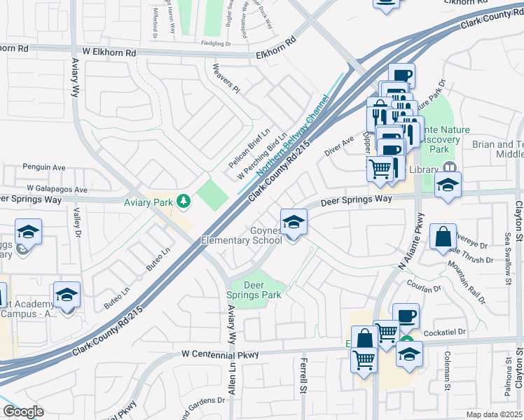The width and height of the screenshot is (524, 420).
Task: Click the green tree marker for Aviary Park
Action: tap(184, 202)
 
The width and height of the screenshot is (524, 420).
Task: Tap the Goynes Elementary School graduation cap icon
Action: tap(294, 223)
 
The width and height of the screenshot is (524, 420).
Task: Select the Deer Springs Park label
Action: tap(254, 290)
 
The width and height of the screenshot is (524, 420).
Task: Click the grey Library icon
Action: tap(448, 169)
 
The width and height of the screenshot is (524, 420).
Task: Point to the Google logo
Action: tap(22, 412)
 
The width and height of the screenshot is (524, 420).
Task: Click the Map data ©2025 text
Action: tap(494, 414)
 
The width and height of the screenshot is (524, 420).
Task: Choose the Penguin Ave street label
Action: tap(43, 168)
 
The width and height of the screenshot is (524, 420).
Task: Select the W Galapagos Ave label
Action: tap(57, 189)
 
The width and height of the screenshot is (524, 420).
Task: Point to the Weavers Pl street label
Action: tap(226, 79)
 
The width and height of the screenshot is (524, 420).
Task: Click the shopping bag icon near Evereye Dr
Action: tap(444, 238)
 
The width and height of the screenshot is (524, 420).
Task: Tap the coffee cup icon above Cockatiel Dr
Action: tap(405, 316)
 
